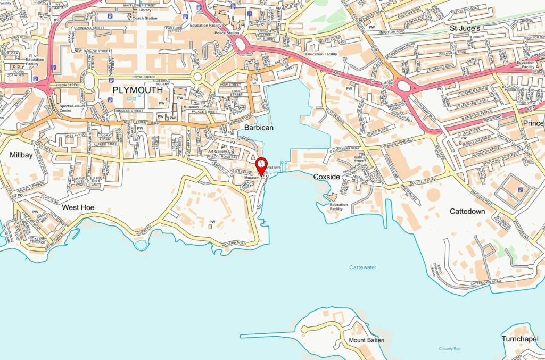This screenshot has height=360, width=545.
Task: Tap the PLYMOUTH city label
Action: tap(137, 90)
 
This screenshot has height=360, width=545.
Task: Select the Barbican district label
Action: tap(259, 128)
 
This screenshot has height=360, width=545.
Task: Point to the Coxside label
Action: tap(326, 177)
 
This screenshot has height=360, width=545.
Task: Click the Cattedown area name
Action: tap(467, 211)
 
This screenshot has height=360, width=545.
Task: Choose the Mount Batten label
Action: tap(366, 340)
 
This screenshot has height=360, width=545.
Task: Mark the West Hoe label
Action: tap(78, 207)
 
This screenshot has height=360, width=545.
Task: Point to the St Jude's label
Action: tap(465, 28)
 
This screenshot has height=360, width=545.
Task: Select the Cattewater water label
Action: tap(362, 267)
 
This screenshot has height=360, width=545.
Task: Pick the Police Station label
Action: tap(226, 33)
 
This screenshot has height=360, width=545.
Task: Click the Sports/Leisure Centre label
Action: tap(72, 108)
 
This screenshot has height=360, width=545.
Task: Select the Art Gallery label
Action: tap(218, 152)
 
